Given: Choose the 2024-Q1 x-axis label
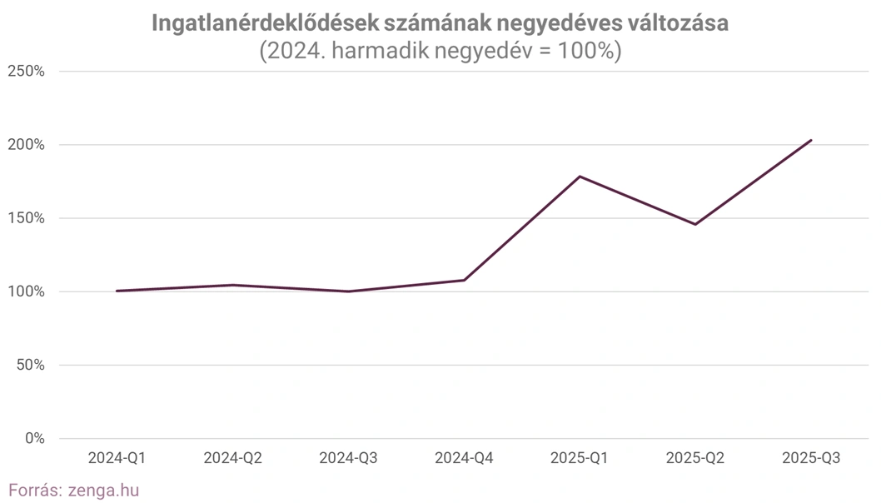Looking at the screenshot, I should [x=117, y=458].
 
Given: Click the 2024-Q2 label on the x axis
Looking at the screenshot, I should [x=232, y=458].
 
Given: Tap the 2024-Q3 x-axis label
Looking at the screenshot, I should [x=348, y=458].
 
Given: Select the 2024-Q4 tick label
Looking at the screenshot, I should [x=464, y=458].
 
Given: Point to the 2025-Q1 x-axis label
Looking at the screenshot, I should [x=580, y=458].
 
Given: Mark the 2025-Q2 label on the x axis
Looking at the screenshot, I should [x=695, y=458].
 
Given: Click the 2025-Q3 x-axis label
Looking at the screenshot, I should [x=811, y=458].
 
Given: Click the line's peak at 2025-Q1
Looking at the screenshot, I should [x=580, y=177].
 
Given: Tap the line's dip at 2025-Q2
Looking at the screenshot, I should [x=695, y=224].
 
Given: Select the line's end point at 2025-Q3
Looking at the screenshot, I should [x=811, y=140].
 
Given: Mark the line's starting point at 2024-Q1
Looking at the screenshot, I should [x=117, y=291].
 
